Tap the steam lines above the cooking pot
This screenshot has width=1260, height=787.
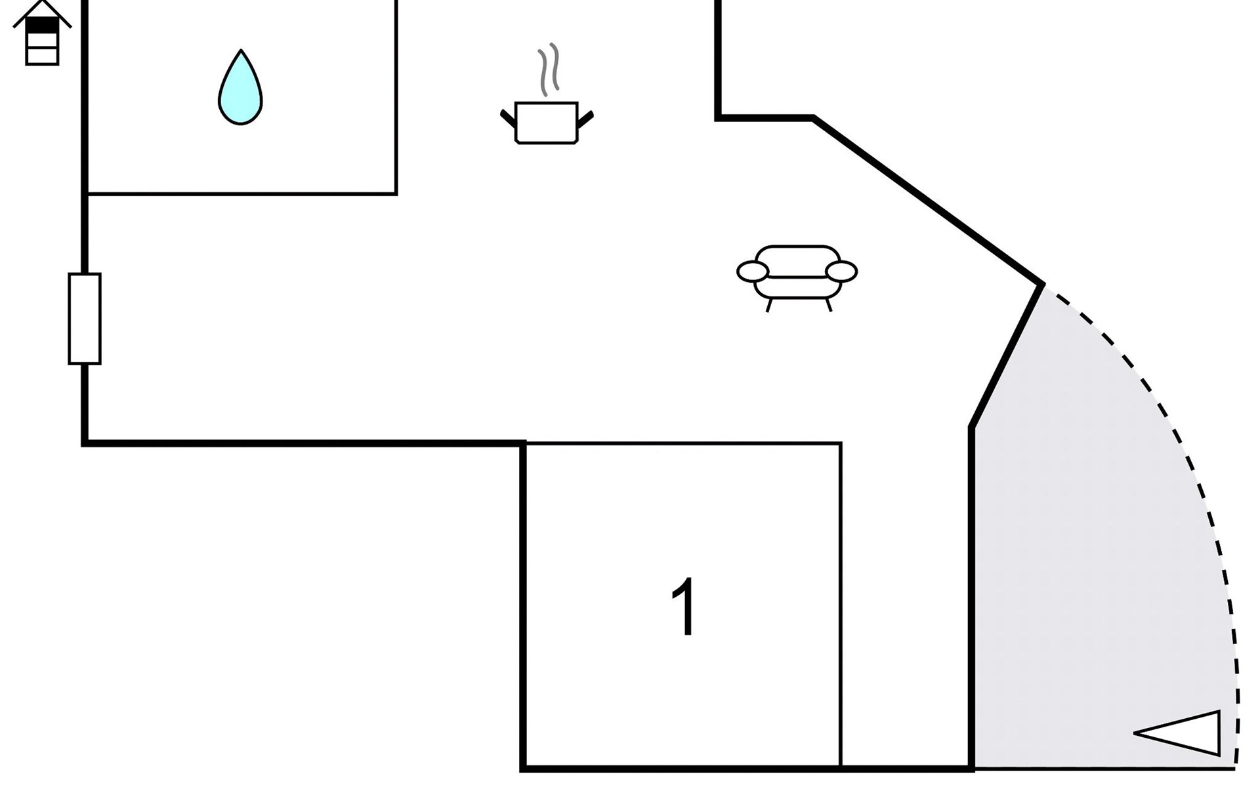pyautogui.click(x=549, y=69)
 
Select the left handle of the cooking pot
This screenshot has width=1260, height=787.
pyautogui.click(x=508, y=119)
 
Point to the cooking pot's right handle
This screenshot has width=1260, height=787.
pyautogui.click(x=585, y=119)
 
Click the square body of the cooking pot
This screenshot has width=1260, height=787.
pyautogui.click(x=546, y=123)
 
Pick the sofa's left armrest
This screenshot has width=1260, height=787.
pyautogui.click(x=752, y=271)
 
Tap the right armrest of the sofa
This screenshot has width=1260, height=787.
pyautogui.click(x=841, y=271)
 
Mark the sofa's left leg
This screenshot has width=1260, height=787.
pyautogui.click(x=768, y=305)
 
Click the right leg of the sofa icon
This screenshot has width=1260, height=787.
pyautogui.click(x=829, y=305)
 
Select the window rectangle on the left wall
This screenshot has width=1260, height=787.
pyautogui.click(x=85, y=319)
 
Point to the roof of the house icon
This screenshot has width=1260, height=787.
pyautogui.click(x=42, y=12)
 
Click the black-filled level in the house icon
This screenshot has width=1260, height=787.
pyautogui.click(x=42, y=26)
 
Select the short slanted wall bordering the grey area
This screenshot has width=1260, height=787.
pyautogui.click(x=1006, y=355)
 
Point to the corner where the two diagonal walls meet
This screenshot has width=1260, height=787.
pyautogui.click(x=1041, y=285)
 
